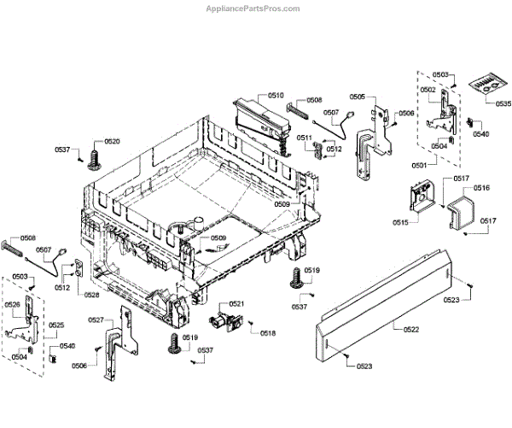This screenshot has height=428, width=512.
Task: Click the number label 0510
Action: tap(276, 96)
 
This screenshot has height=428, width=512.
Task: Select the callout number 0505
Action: tap(358, 97)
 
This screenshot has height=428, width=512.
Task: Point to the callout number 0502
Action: tap(428, 90)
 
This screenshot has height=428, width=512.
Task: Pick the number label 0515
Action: tap(400, 222)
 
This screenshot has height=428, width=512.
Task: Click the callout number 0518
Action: tap(268, 333)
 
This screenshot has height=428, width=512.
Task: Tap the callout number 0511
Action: tap(305, 138)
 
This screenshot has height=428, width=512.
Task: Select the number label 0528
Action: tap(91, 295)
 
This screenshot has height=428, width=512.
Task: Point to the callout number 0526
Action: tap(13, 305)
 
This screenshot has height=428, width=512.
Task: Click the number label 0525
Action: tap(56, 325)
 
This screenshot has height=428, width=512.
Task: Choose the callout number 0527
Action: tap(96, 320)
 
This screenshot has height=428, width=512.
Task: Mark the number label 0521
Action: tap(236, 304)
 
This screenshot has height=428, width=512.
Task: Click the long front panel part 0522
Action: tap(384, 299)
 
